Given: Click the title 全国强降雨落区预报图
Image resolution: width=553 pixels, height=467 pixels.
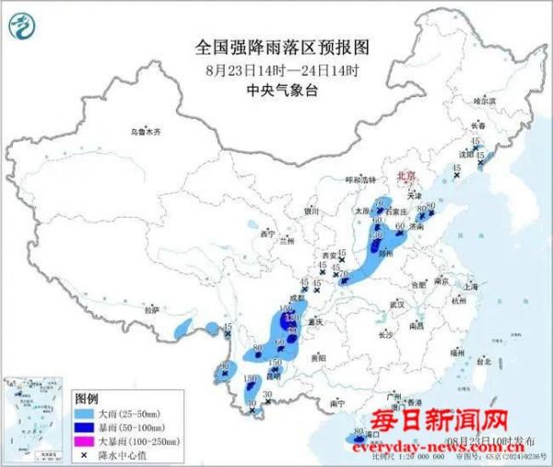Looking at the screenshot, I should pyautogui.click(x=276, y=46).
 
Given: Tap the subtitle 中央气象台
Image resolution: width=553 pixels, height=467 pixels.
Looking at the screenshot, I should pyautogui.click(x=276, y=90).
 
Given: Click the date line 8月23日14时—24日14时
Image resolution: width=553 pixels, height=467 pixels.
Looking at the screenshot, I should pyautogui.click(x=276, y=68).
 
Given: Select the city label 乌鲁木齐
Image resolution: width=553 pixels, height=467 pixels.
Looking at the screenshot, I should pyautogui.click(x=144, y=132).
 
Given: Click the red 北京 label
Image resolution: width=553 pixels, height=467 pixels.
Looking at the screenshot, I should pyautogui.click(x=405, y=174).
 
